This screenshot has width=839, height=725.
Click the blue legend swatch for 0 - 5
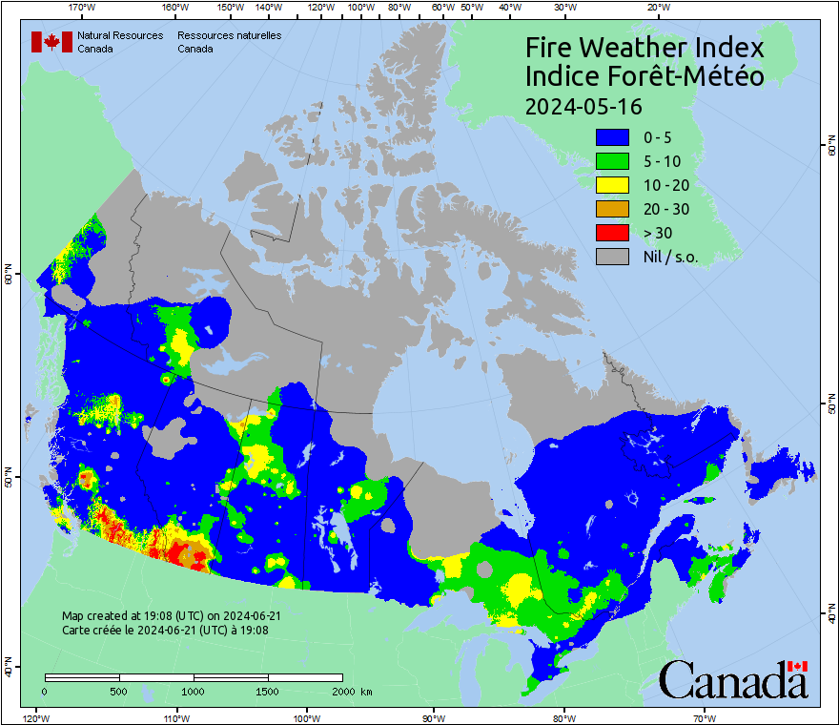(x=612, y=137)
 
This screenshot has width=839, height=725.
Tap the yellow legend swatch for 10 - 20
(x=612, y=185)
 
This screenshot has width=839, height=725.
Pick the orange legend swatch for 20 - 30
(x=612, y=209)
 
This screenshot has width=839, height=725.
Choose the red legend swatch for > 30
(x=612, y=233)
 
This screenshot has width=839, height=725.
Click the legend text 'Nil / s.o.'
(x=670, y=257)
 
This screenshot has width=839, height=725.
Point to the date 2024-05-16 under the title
(x=583, y=105)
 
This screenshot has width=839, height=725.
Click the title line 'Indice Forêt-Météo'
(x=645, y=76)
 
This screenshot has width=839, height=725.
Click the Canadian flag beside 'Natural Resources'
(x=51, y=42)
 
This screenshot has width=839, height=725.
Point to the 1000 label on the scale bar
(x=194, y=691)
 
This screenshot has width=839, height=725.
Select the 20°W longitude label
(x=656, y=8)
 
